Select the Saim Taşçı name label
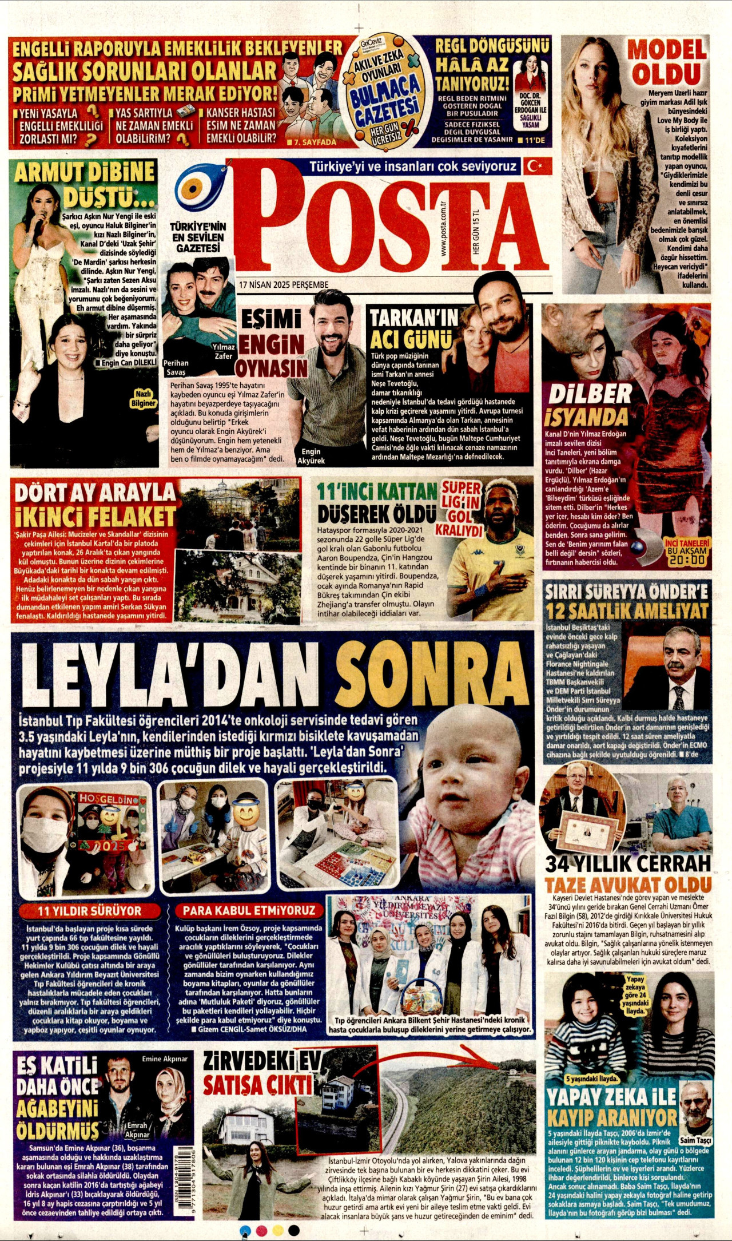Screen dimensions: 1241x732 pos(695,1140)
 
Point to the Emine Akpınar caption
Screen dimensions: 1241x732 pos(165,1058)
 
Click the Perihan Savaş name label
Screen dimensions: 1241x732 pos(177,367)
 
